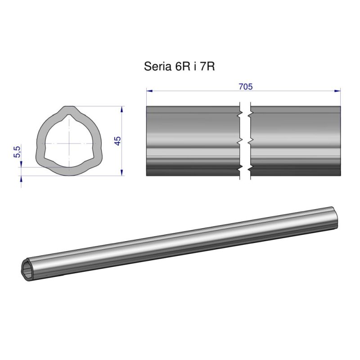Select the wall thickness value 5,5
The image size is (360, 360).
click(18, 152)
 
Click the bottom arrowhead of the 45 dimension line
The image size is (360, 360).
click(122, 172)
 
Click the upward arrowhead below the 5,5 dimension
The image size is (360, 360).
click(21, 180)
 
